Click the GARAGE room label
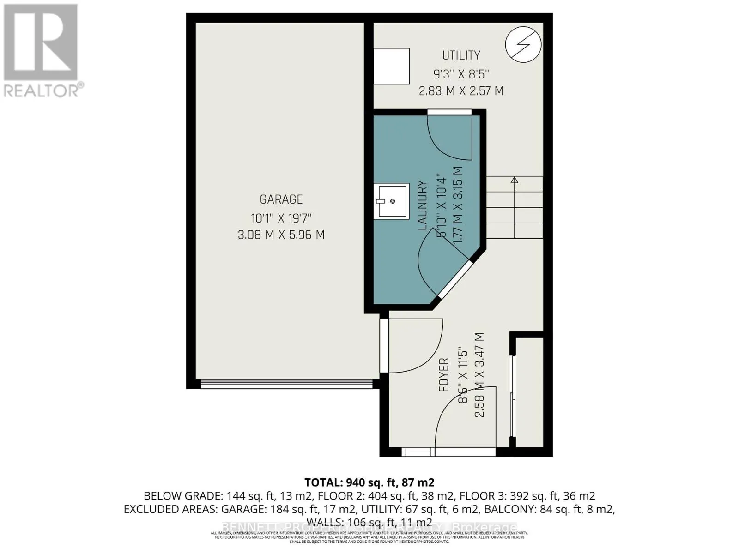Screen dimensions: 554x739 (281, 199)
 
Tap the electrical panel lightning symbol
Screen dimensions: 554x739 (523, 45)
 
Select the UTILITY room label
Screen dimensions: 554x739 (461, 55)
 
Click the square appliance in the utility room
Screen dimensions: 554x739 (391, 66)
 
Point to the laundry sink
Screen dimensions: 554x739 (391, 201)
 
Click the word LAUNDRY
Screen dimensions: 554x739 (422, 205)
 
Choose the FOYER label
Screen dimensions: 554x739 (443, 375)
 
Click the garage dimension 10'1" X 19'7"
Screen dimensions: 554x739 (281, 217)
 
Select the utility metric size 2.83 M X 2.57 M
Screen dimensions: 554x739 (461, 91)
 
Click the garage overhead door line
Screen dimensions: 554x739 (286, 383)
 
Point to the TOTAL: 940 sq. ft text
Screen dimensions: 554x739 (369, 482)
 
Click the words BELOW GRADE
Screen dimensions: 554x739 (183, 496)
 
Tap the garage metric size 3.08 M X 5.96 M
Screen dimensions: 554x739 (281, 235)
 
